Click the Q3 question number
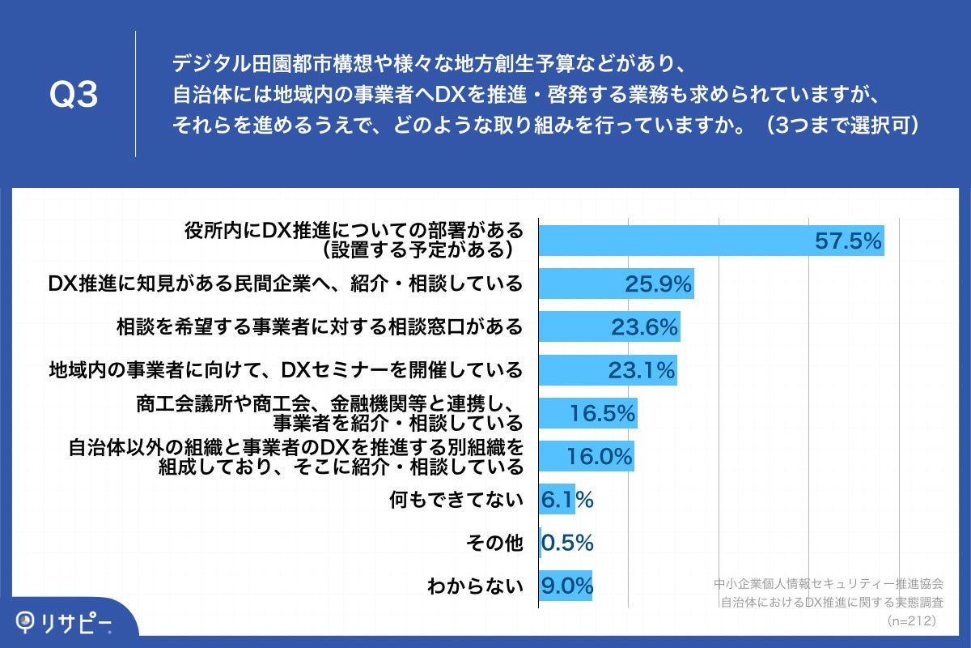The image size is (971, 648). pyautogui.click(x=74, y=96)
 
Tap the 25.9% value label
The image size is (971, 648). pyautogui.click(x=658, y=283)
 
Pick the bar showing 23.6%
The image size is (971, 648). pyautogui.click(x=608, y=326)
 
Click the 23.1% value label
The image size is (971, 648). pyautogui.click(x=641, y=370)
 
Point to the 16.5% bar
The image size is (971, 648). pyautogui.click(x=587, y=413)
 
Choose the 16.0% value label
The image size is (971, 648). pyautogui.click(x=599, y=457)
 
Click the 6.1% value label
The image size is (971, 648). pyautogui.click(x=566, y=501)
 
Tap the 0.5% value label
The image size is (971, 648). pyautogui.click(x=566, y=543)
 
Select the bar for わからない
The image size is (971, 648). pyautogui.click(x=565, y=586)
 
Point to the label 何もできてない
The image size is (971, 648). pyautogui.click(x=457, y=501)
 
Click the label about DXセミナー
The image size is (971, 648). pyautogui.click(x=286, y=370)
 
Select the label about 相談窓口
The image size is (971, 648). pyautogui.click(x=320, y=326)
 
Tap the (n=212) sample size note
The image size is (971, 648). pyautogui.click(x=911, y=620)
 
